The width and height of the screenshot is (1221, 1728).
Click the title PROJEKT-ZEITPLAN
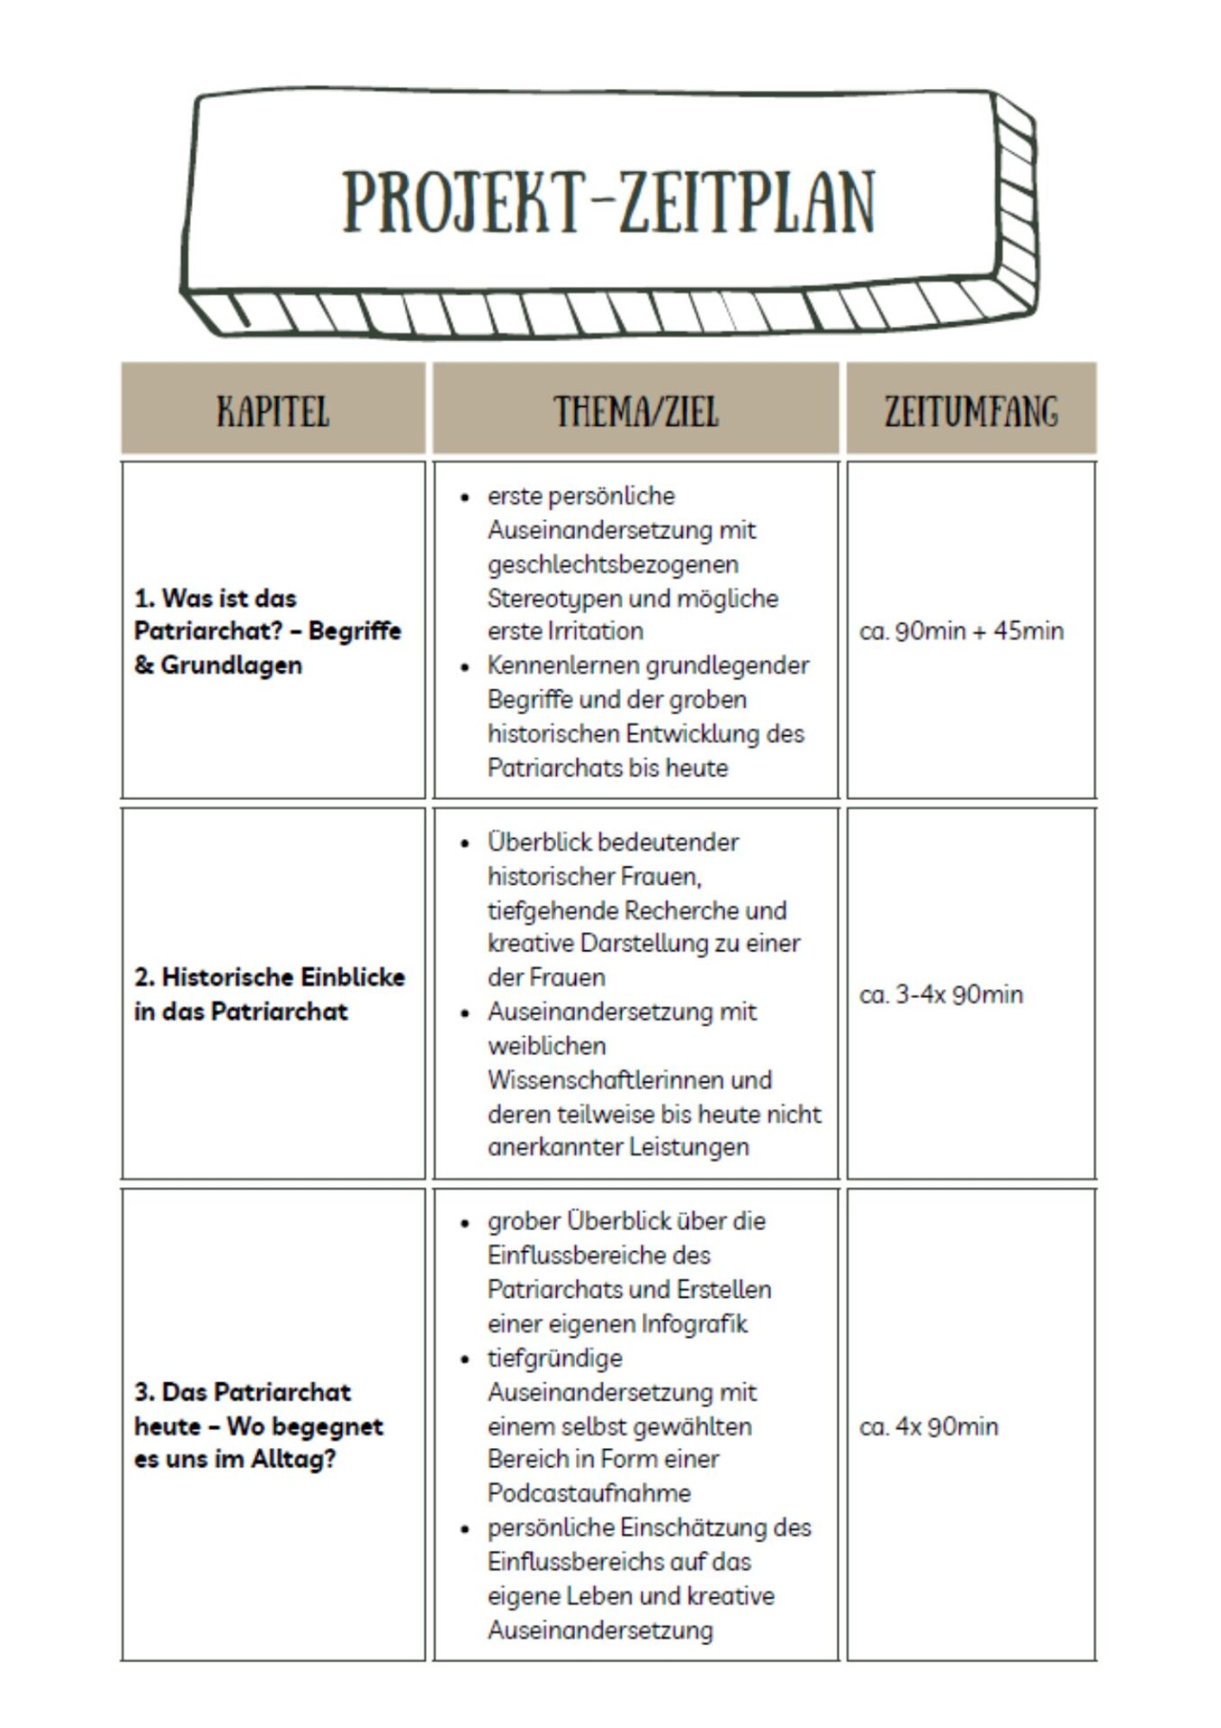(608, 202)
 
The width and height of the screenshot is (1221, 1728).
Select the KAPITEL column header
(273, 411)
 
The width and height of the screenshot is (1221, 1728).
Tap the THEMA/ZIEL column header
(635, 411)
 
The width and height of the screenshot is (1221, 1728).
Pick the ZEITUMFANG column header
(971, 411)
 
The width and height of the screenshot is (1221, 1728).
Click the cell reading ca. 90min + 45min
(961, 631)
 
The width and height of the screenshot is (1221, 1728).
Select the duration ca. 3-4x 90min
(941, 994)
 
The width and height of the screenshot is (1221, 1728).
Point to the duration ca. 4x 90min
(929, 1426)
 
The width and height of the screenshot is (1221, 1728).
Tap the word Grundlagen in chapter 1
(231, 665)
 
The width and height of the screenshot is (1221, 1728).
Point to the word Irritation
(595, 631)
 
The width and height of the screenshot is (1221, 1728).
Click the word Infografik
(694, 1324)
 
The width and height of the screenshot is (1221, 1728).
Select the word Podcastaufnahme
(589, 1493)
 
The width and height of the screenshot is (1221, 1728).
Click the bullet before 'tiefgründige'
(465, 1359)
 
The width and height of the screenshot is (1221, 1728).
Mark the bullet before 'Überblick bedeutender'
(465, 843)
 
